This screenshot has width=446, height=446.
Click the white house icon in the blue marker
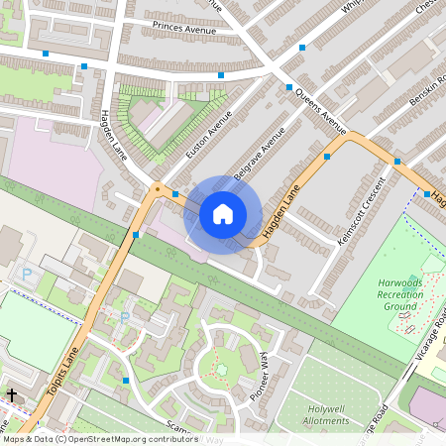[x=223, y=214]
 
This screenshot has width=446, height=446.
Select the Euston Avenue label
[x=208, y=134]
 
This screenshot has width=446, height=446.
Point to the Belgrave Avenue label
[x=260, y=153]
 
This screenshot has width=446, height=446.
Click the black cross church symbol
[x=12, y=394]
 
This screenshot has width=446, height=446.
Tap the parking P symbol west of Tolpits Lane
[x=27, y=273]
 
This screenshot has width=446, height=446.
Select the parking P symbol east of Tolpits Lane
[x=124, y=317]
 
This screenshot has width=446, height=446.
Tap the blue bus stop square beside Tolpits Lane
[x=135, y=235]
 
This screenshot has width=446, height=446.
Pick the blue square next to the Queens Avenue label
[x=289, y=88]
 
